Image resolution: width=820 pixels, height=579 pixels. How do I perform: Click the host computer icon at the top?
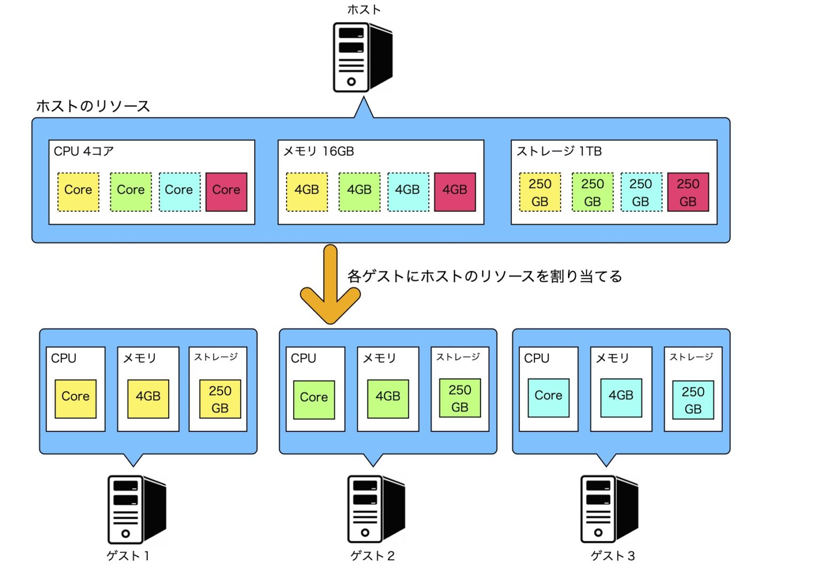[x=362, y=57]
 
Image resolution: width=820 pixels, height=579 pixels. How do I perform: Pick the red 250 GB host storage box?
[x=688, y=192]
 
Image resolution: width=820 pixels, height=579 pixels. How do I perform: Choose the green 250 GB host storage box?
[x=593, y=192]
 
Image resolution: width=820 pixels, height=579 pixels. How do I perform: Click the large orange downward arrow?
[x=330, y=285]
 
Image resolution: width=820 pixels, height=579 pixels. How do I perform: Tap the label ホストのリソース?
[x=93, y=106]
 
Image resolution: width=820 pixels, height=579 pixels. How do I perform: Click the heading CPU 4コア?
[x=84, y=152]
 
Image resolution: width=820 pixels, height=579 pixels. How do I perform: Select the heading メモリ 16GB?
[x=319, y=152]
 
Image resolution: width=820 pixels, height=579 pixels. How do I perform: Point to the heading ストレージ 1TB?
[x=559, y=152]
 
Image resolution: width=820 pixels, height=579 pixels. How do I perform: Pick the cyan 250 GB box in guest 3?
[x=693, y=400]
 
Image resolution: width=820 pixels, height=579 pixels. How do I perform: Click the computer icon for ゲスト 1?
[x=136, y=510]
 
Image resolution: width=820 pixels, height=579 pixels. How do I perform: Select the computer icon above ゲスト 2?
[x=376, y=510]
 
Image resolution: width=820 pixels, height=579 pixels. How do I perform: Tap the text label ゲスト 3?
[x=612, y=556]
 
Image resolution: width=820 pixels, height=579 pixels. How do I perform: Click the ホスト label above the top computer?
[x=364, y=10]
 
